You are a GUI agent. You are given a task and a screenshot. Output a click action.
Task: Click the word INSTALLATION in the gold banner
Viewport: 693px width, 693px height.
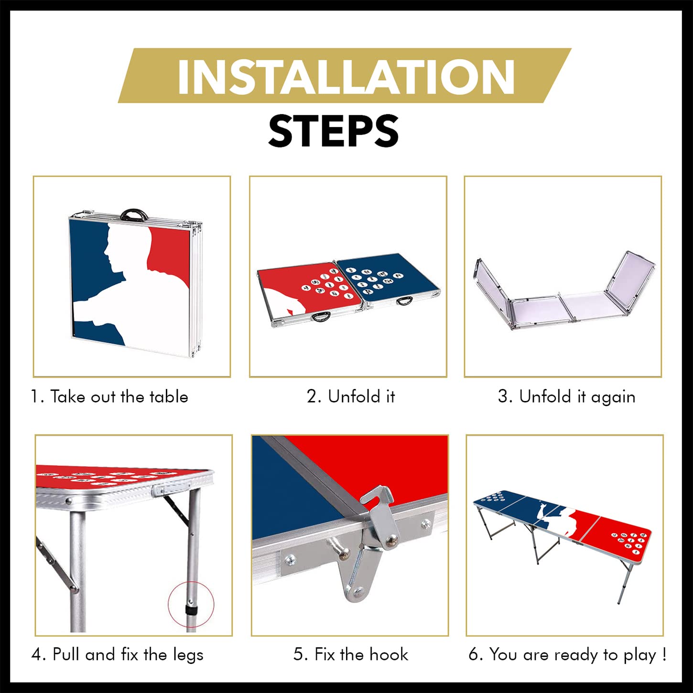[x=346, y=76]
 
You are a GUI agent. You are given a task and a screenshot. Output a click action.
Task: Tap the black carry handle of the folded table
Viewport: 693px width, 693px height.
[x=134, y=214]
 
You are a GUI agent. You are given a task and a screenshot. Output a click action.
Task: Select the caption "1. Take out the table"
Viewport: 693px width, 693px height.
[x=109, y=397]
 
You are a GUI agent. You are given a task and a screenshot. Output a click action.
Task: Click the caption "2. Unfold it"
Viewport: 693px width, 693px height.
[x=351, y=396]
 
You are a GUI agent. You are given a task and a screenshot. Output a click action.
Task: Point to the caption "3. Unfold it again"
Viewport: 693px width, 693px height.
[x=566, y=397]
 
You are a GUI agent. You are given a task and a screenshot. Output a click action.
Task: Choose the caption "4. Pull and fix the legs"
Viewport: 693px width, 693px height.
[x=117, y=654]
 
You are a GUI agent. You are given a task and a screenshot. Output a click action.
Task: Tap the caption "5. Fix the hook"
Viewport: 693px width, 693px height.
[x=351, y=654]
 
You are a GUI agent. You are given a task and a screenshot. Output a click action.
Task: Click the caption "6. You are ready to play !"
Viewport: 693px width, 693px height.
[x=567, y=654]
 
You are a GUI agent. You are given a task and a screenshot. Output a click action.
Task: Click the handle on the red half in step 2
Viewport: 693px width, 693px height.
[x=321, y=317]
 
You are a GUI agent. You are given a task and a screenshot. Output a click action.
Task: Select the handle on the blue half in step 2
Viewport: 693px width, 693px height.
[x=405, y=300]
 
